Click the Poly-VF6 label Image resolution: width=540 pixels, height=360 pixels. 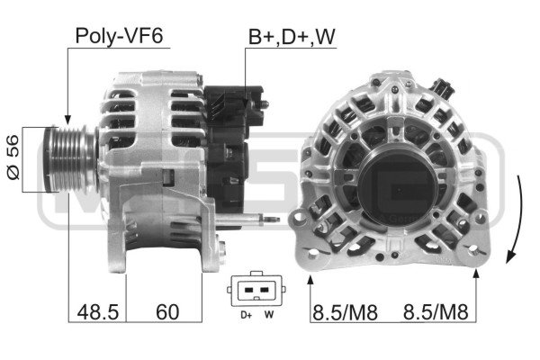point(119,36)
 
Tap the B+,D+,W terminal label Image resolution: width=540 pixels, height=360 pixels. point(292,37)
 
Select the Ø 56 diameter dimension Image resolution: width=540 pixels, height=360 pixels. point(13,157)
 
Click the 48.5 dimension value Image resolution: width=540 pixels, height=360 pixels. point(98,312)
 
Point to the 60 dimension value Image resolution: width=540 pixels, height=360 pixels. point(167,312)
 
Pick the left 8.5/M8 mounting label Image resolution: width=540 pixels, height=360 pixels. point(345,312)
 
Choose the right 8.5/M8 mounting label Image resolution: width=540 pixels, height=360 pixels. point(436,312)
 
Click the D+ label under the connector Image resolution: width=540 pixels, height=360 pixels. point(247,314)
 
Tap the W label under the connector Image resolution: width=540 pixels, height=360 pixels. point(269,314)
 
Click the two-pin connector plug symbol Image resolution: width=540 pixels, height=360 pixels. point(256,289)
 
